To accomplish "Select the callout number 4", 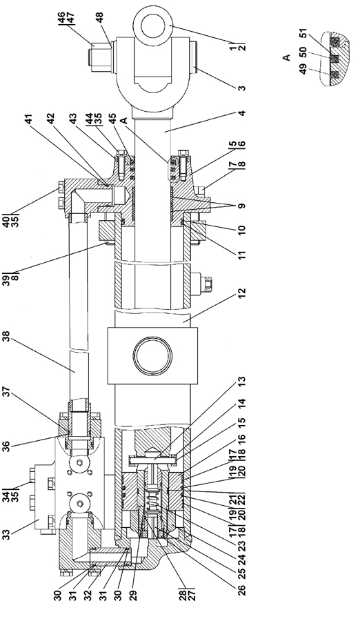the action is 242,113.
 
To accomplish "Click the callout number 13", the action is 242,382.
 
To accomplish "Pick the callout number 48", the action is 99,18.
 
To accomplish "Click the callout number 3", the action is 242,88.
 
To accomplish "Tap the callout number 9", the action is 242,206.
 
